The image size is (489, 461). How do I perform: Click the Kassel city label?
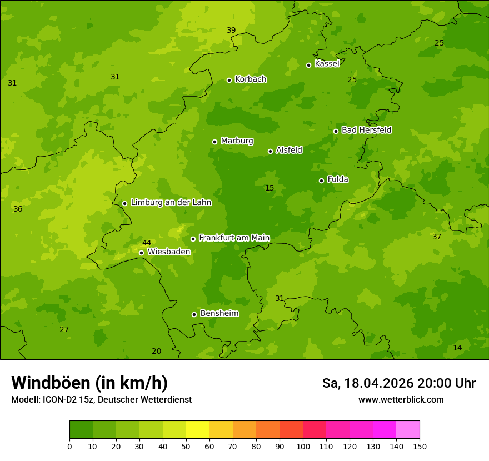point(327,64)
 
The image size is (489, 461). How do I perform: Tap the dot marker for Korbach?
point(229,80)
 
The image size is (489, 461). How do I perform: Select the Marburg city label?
point(237,141)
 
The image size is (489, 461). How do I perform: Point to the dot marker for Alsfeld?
point(270,151)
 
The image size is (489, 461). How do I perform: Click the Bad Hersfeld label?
point(366,130)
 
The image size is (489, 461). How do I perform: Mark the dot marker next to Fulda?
point(321,181)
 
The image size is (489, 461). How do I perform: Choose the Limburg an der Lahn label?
point(171,203)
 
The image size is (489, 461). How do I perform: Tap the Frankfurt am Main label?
point(234,238)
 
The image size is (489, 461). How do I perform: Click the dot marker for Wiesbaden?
point(141,253)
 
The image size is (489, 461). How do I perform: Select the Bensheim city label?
point(219,313)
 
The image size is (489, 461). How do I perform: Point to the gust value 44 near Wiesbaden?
point(147,243)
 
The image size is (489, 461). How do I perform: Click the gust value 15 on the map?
point(270,188)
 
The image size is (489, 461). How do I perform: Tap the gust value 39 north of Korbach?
point(231,30)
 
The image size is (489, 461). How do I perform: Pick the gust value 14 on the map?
point(457,348)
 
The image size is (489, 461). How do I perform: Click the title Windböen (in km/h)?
point(89,383)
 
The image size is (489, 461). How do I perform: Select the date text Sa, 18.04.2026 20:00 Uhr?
point(398,383)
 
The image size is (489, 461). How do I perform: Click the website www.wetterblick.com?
point(401,399)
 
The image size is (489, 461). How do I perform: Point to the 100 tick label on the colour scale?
point(303,446)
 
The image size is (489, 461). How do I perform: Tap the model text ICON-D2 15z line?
point(101,400)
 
